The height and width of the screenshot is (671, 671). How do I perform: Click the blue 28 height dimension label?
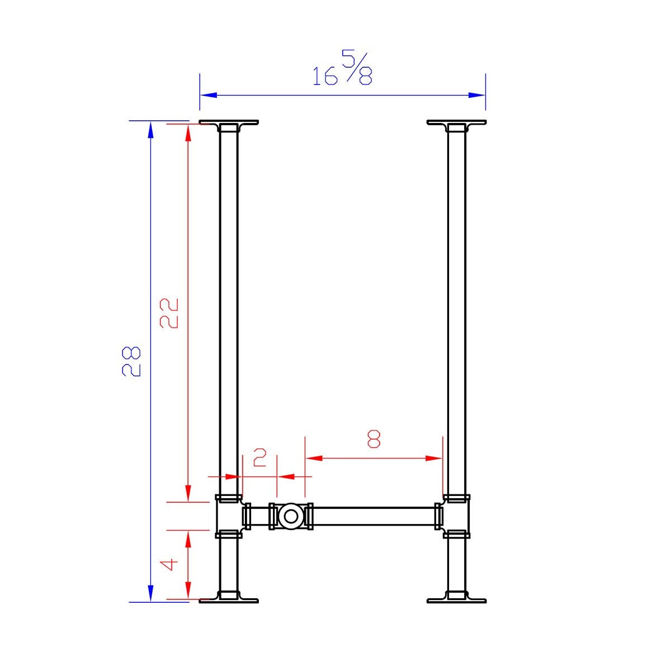click(132, 361)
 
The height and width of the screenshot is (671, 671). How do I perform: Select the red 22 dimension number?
click(169, 313)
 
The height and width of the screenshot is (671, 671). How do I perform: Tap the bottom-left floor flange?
click(229, 601)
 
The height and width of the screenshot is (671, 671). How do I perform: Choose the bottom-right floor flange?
click(456, 601)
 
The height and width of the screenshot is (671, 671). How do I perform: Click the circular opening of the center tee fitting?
click(290, 516)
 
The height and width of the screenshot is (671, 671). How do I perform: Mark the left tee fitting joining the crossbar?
click(229, 516)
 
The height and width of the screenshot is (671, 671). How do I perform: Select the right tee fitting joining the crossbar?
click(456, 516)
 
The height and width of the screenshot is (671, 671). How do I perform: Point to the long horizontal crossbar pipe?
click(372, 516)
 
